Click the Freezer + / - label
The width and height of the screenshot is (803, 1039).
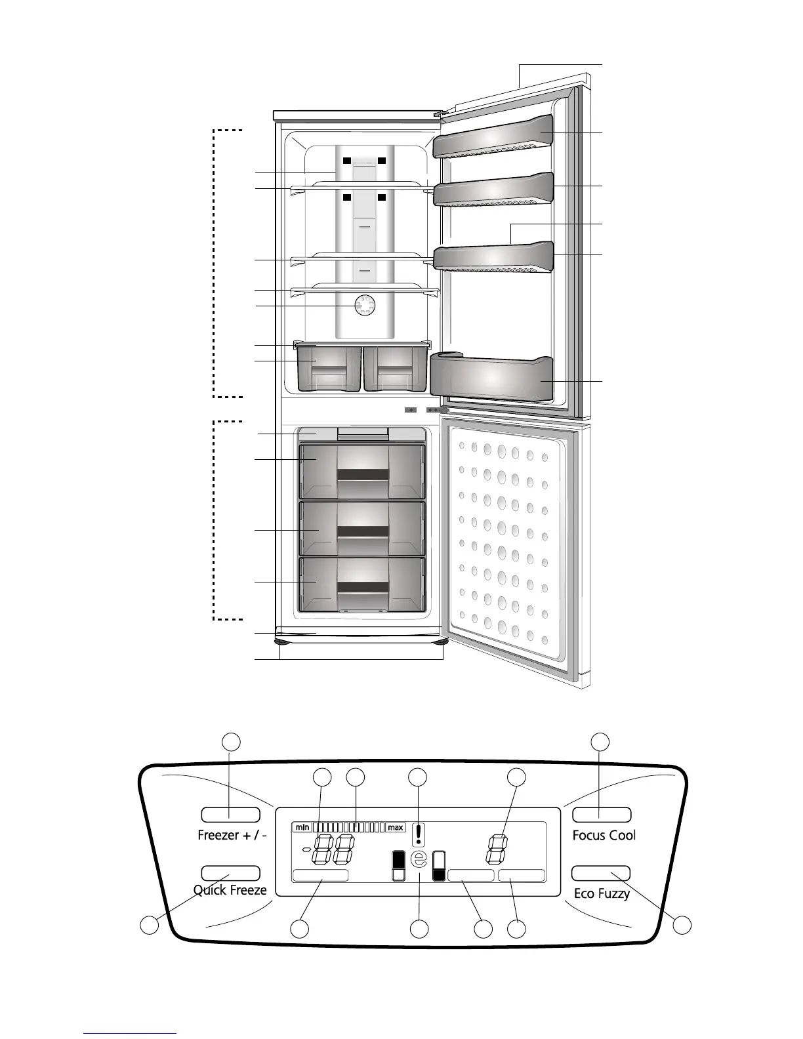point(232,835)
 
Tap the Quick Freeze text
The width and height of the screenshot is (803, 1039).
point(230,890)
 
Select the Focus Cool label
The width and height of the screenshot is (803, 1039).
point(604,835)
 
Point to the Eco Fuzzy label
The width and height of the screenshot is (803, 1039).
point(602,893)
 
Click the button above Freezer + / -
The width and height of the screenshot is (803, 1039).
point(230,815)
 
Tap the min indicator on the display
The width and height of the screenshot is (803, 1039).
point(302,827)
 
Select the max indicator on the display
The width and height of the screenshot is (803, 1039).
point(395,827)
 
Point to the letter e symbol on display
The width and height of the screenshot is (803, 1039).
point(419,859)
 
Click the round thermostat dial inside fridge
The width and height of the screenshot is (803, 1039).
point(364,306)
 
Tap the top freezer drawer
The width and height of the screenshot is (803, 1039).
point(362,472)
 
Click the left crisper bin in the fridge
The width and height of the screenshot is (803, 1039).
point(329,369)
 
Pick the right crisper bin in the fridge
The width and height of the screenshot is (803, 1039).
point(395,369)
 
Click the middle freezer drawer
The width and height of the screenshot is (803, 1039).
point(362,529)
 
